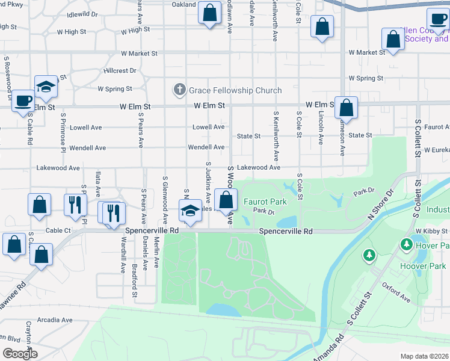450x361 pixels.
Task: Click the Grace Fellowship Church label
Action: pos(235,91)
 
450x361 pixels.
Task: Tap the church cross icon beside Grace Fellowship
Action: pos(179,90)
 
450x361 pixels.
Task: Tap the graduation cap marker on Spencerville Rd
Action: pos(190,211)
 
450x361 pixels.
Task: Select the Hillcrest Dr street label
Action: pos(120,71)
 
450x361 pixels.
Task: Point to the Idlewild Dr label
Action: pos(82,14)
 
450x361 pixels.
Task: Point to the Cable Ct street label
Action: pos(58,230)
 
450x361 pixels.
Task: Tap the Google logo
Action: pos(20,354)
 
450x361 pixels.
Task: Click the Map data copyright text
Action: pos(425,356)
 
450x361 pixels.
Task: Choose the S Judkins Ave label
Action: pos(208,180)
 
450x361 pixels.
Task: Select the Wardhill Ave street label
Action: pos(123,255)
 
